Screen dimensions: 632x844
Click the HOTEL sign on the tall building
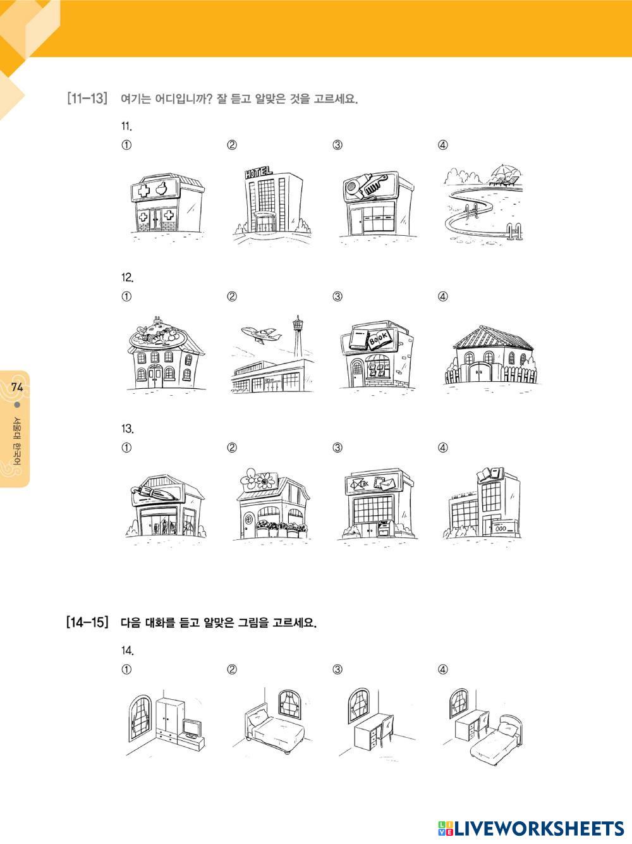(258, 172)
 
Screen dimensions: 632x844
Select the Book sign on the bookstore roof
(380, 339)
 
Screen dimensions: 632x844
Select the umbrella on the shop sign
(155, 493)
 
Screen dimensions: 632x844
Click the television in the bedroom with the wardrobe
(191, 728)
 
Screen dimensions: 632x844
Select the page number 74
(17, 387)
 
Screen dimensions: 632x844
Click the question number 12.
(127, 278)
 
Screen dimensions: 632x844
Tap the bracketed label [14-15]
(88, 622)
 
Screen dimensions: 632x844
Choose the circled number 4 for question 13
(443, 448)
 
